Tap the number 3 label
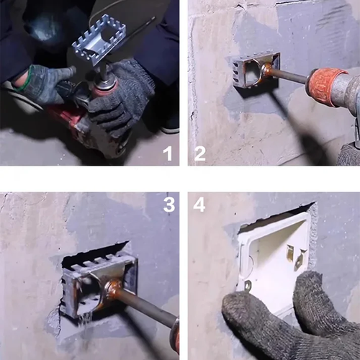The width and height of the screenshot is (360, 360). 168,204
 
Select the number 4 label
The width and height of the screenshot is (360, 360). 199,204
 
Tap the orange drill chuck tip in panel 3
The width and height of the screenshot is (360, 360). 174,335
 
